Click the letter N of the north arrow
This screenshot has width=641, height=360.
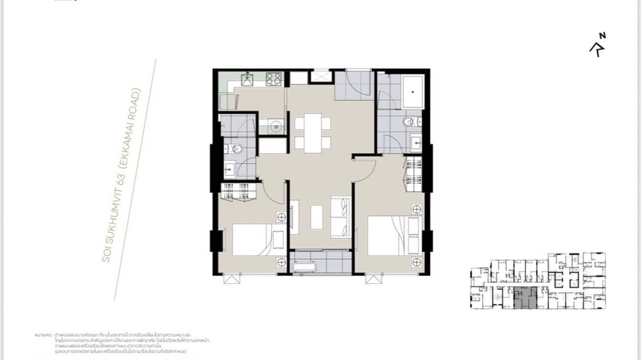pos(603,35)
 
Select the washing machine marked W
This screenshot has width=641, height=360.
pos(276,127)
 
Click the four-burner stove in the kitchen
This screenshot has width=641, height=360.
pos(274,79)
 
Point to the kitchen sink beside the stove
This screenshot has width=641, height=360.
pos(248,79)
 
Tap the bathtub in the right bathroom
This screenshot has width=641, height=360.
pos(412,92)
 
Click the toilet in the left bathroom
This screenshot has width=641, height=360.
pos(235,149)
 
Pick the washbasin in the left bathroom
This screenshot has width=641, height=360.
pos(230,168)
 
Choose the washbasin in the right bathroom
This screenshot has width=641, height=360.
pos(415,141)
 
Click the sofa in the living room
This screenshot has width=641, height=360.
pos(341,216)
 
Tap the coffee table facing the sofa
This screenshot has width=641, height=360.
pos(317,217)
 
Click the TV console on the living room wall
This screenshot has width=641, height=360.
pos(294,217)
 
